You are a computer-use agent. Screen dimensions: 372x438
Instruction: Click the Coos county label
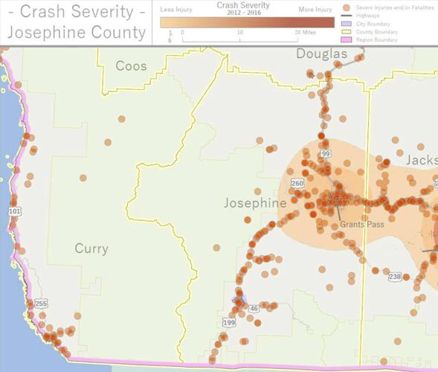pos(131,66)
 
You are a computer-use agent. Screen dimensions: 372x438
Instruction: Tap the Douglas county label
pos(322,54)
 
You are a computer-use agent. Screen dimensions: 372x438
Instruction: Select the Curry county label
pos(91,248)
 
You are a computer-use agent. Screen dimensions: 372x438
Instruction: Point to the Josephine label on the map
pos(255,203)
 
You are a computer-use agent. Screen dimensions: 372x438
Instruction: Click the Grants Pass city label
pos(361,223)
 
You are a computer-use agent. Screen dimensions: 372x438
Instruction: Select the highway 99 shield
pos(326,154)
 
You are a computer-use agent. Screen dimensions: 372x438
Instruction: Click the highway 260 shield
pos(297,184)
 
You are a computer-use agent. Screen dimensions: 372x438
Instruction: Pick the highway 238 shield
pos(394,277)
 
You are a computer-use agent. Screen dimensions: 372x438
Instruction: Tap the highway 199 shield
pos(228,323)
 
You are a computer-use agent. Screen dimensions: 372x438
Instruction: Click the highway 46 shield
pos(254,308)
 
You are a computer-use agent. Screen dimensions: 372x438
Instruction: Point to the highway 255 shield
pos(41,304)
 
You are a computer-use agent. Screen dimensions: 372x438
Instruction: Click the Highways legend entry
pos(373,15)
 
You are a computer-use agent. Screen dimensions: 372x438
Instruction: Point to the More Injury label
pos(317,10)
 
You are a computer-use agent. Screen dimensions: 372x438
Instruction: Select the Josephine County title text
pos(76,32)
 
